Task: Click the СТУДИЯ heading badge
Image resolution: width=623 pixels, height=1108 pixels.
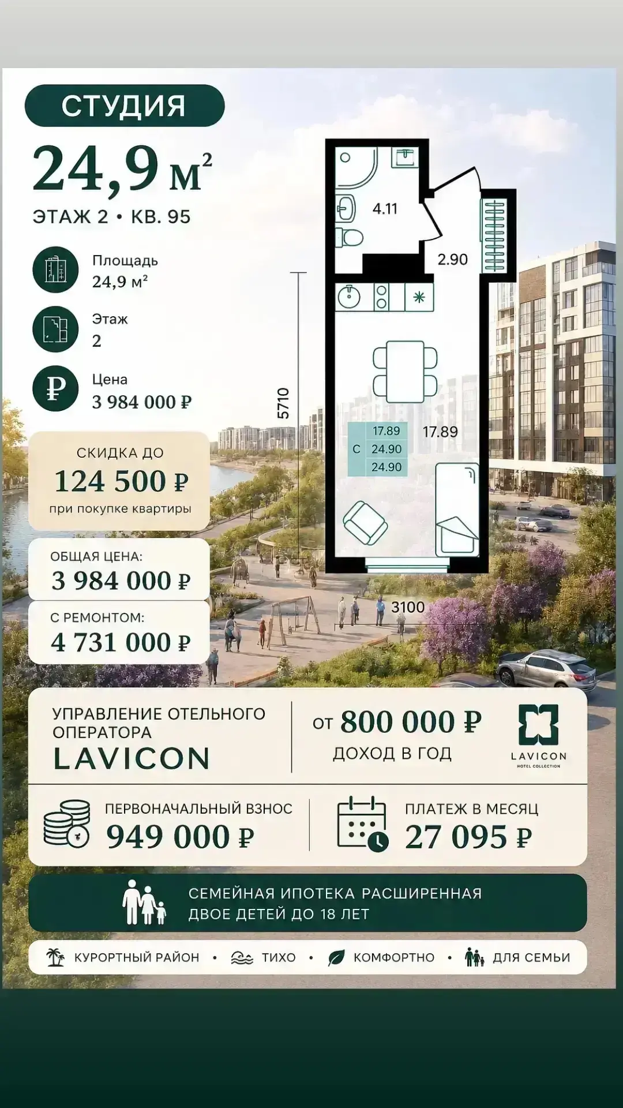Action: click(x=125, y=106)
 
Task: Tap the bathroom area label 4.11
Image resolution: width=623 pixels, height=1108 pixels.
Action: click(x=385, y=208)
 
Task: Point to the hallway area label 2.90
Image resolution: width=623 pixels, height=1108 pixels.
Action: click(x=452, y=259)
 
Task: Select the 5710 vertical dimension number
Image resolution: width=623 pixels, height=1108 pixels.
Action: click(x=283, y=403)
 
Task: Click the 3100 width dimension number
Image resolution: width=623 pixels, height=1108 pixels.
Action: click(x=408, y=607)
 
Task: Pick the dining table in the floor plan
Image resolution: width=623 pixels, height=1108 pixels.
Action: click(x=405, y=372)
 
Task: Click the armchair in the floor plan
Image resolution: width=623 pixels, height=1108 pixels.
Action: click(x=365, y=523)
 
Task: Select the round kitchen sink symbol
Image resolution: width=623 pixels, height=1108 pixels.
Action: click(x=349, y=297)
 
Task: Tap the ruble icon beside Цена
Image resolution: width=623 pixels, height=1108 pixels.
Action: click(x=55, y=388)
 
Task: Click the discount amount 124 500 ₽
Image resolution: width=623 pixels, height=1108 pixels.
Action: click(x=121, y=481)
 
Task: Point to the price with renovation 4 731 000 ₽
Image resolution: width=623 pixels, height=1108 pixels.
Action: click(x=121, y=642)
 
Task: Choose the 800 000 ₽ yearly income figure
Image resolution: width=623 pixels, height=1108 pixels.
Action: click(x=411, y=722)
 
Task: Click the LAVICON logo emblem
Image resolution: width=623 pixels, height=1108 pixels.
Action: click(x=538, y=724)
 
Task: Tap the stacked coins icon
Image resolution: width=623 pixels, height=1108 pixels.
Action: click(x=67, y=823)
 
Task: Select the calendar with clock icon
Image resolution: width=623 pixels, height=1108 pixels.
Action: click(x=362, y=823)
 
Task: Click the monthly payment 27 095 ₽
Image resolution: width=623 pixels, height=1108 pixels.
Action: click(x=468, y=837)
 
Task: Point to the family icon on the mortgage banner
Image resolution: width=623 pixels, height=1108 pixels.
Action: click(x=144, y=902)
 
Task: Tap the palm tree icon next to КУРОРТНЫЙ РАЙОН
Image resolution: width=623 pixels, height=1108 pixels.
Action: click(x=55, y=957)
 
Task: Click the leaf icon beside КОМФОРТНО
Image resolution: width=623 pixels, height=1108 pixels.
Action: click(x=336, y=958)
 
